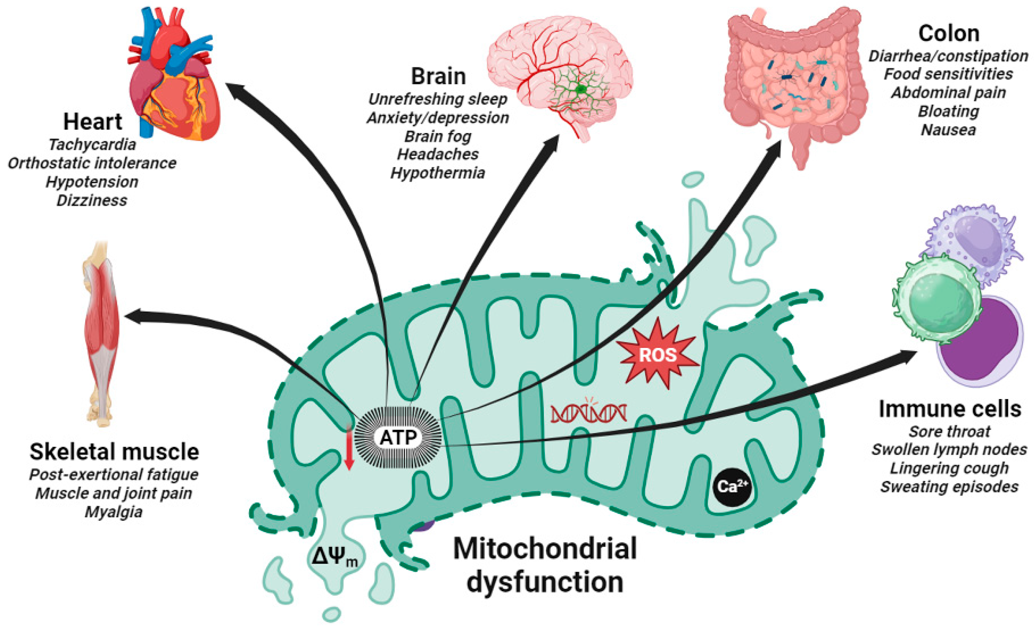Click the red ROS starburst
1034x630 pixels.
click(657, 354)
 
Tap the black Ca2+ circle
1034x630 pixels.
click(732, 486)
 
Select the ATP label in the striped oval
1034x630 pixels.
click(398, 437)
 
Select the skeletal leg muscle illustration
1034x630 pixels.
click(101, 334)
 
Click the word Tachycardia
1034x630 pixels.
click(92, 145)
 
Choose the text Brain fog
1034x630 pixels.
click(438, 136)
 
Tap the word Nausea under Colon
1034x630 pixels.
click(948, 130)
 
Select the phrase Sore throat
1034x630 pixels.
click(949, 431)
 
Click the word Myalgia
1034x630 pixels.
click(114, 512)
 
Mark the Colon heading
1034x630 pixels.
click(949, 33)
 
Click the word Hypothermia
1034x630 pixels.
click(438, 173)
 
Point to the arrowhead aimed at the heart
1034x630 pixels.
click(235, 89)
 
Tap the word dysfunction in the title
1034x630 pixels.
click(545, 582)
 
